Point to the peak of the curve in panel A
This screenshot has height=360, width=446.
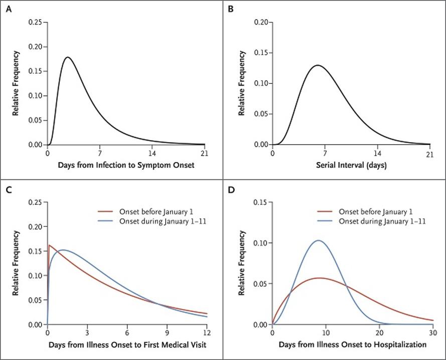(67, 57)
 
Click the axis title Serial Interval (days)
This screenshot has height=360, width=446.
(351, 164)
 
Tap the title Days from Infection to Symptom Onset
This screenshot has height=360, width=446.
(126, 164)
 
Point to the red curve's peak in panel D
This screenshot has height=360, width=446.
(319, 278)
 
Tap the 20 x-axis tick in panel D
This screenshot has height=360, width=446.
(379, 333)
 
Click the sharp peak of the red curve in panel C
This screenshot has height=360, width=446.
(49, 246)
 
